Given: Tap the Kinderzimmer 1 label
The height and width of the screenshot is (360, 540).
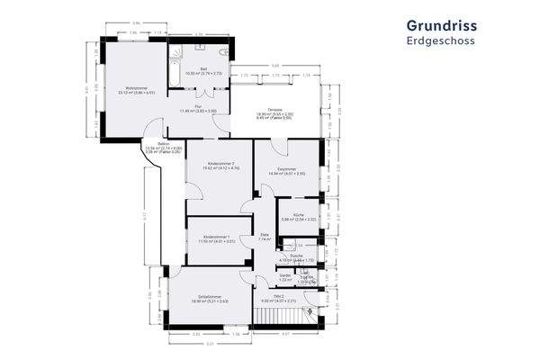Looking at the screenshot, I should pos(217,238).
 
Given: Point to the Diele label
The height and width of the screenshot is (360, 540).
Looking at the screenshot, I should pos(265,238).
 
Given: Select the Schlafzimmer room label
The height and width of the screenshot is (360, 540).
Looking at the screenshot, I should pos(211,299).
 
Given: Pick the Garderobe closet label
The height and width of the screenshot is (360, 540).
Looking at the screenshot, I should pos(283,276).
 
